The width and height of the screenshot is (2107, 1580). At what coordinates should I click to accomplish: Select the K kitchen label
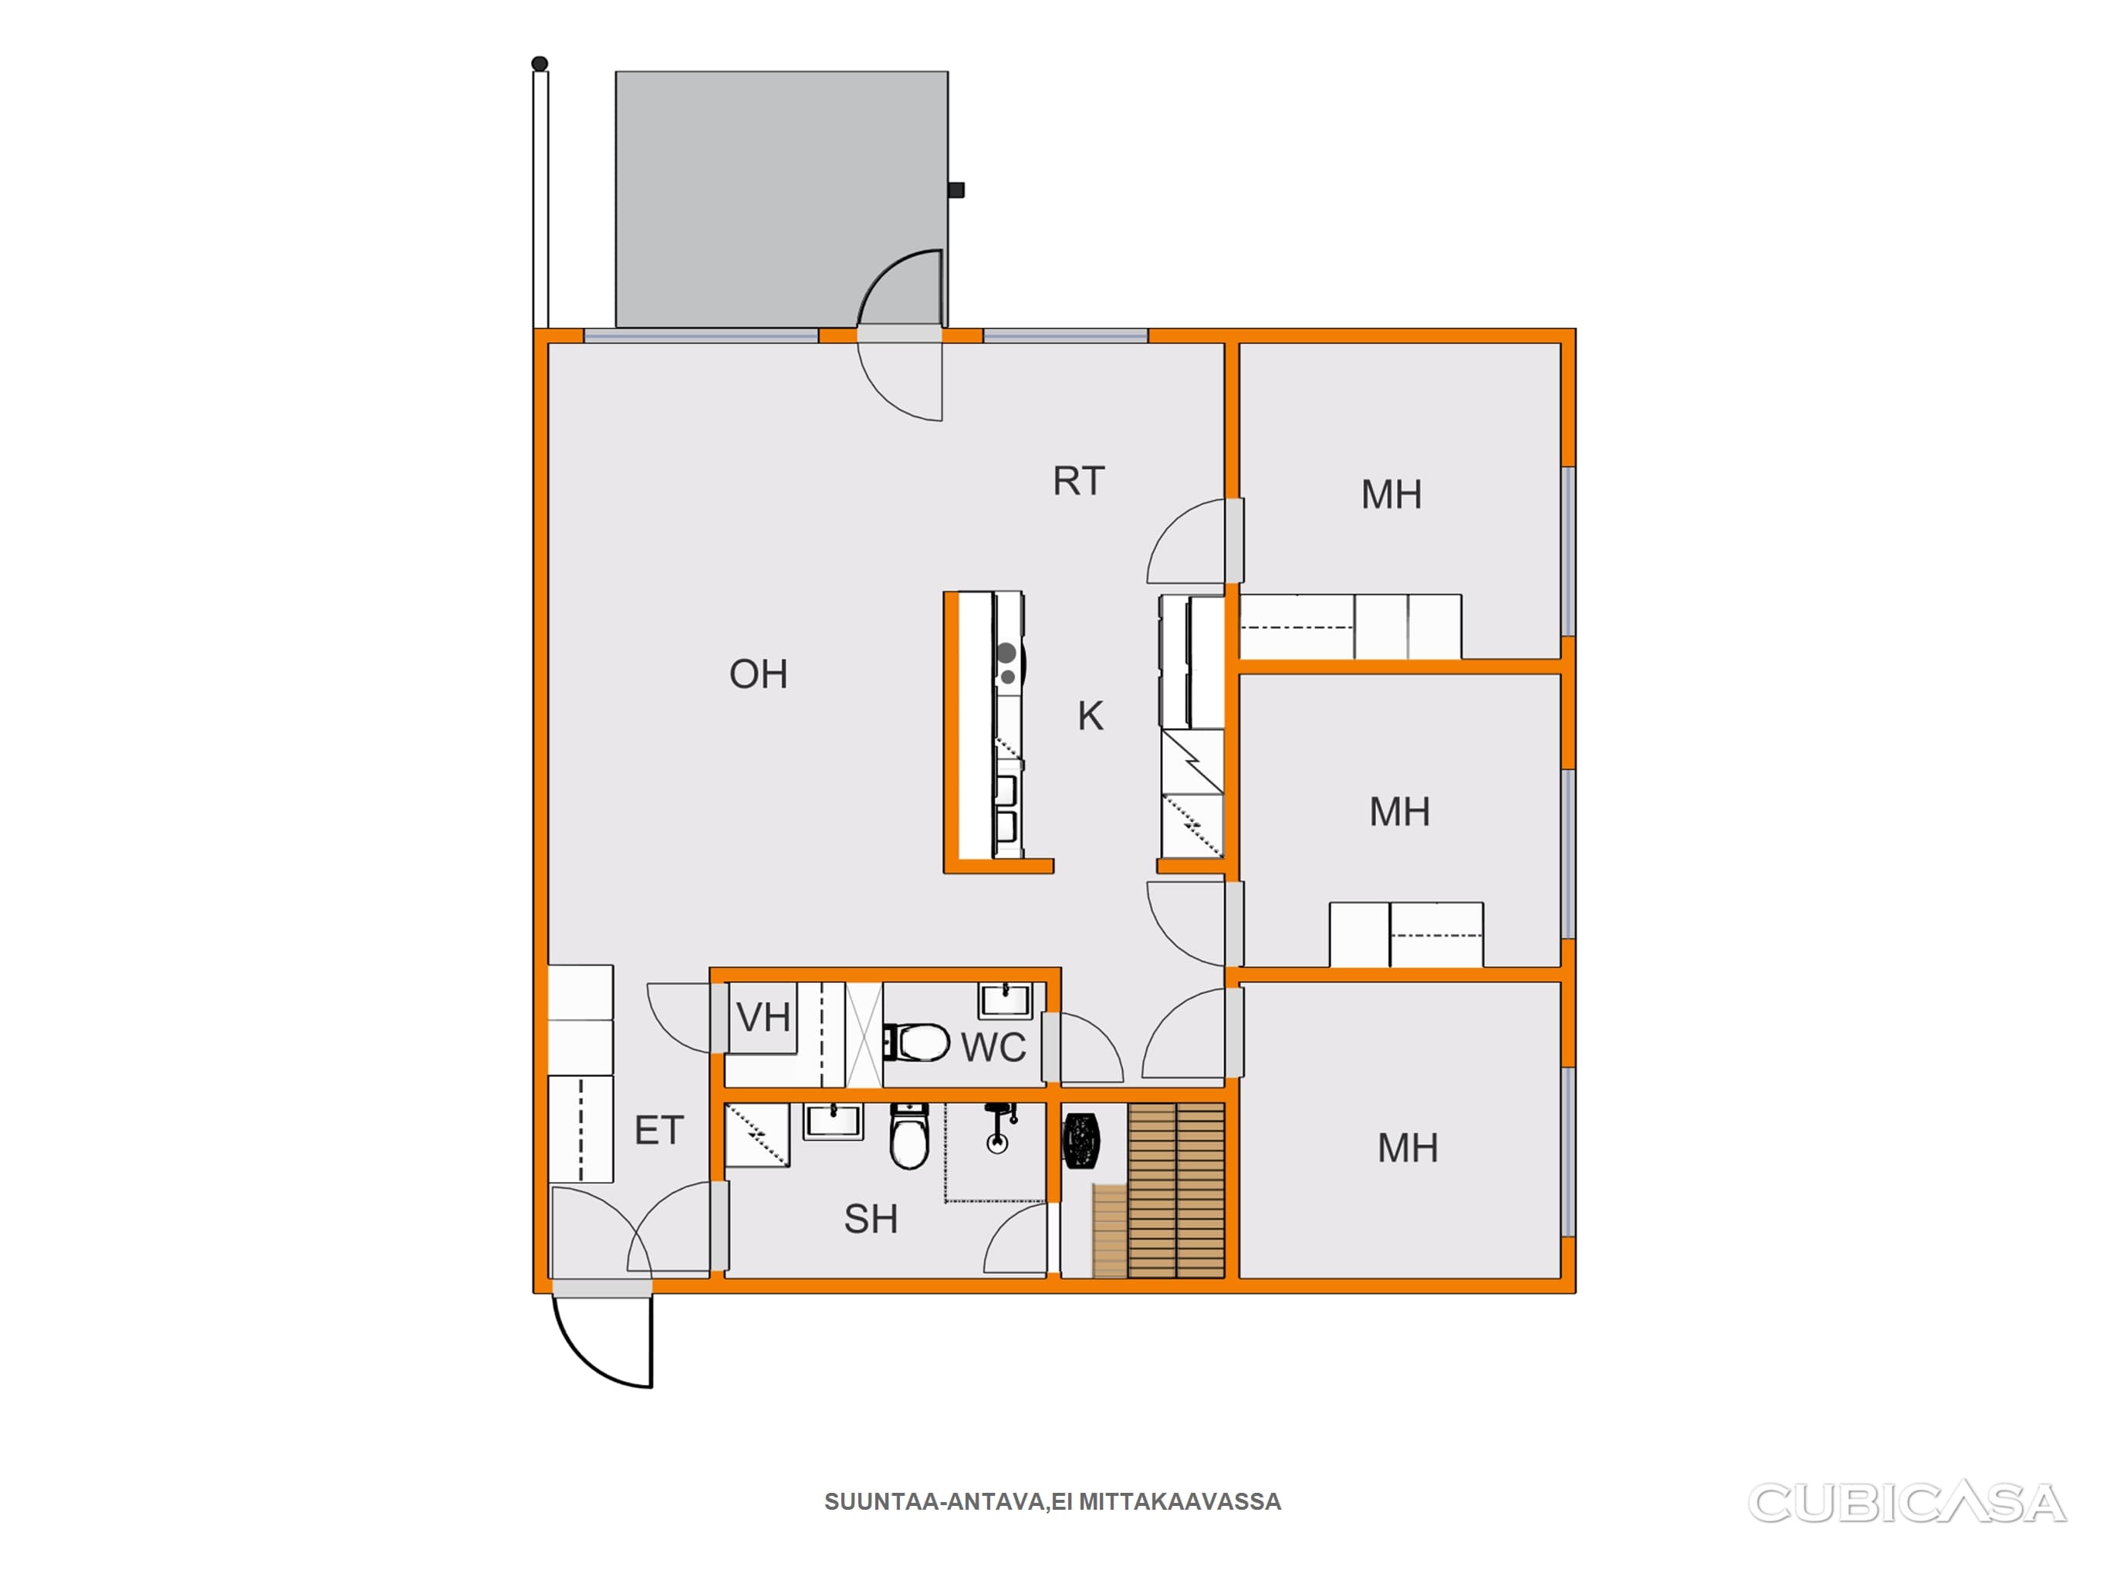click(x=1091, y=716)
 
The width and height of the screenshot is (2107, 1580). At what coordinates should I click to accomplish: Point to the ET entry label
click(x=659, y=1130)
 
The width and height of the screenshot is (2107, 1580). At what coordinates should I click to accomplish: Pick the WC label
click(x=993, y=1048)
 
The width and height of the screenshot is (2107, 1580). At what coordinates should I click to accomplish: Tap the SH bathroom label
click(x=871, y=1219)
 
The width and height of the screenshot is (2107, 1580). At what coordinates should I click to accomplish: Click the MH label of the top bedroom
click(x=1391, y=495)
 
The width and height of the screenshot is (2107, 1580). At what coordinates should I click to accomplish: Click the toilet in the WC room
click(x=916, y=1042)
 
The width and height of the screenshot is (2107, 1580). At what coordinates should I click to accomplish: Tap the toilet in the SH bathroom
click(x=910, y=1137)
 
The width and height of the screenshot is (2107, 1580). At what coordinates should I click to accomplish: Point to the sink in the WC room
click(x=1005, y=1001)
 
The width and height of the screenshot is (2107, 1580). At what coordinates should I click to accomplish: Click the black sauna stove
click(x=1082, y=1140)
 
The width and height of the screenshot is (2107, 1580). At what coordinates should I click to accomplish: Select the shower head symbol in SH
click(x=997, y=1129)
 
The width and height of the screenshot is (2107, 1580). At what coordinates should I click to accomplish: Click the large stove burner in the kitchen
click(x=1006, y=653)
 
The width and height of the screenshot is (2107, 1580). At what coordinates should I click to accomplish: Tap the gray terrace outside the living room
click(x=781, y=199)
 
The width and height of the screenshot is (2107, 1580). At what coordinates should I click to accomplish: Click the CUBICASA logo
click(x=1907, y=1503)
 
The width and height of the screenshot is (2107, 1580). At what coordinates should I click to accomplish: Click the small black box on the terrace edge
click(x=956, y=191)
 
